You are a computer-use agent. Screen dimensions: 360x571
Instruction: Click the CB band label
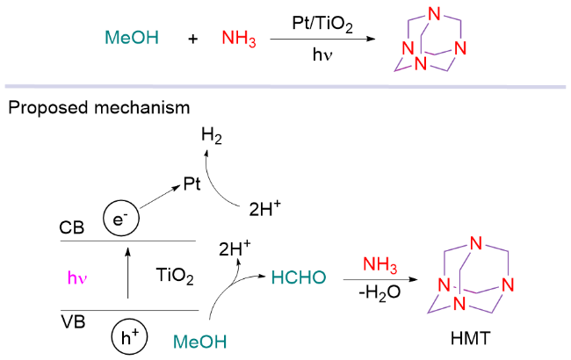point(72,227)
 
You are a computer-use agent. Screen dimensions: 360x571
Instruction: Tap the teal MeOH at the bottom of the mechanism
point(198,340)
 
